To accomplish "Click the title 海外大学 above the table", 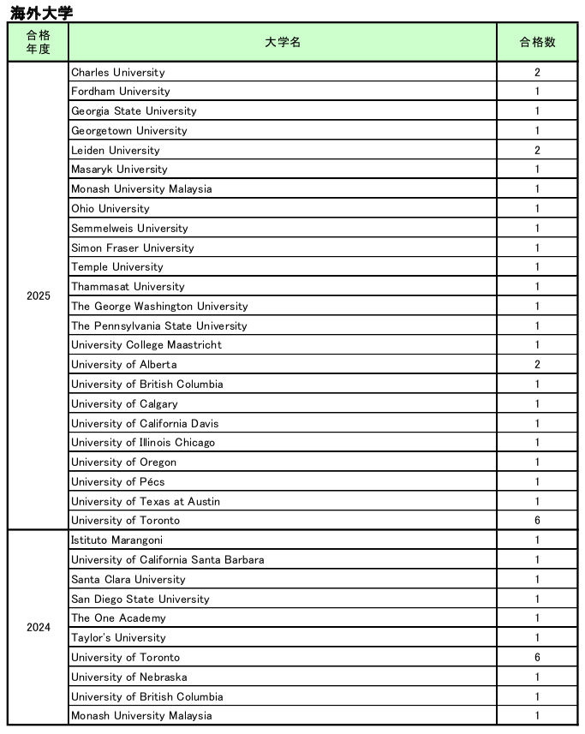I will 41,12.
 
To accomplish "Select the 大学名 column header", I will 283,42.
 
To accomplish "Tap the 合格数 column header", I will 537,42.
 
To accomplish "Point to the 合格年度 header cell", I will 39,42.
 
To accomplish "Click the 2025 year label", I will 39,296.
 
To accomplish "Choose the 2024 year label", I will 39,628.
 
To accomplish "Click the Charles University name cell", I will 118,73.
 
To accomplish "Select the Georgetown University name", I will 129,131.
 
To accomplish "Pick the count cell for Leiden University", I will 537,151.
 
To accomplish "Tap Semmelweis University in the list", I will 129,229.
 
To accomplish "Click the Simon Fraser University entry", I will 133,248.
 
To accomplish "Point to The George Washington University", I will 159,307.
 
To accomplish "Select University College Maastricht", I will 146,345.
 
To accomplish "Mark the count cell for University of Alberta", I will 537,365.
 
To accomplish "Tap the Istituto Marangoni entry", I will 116,540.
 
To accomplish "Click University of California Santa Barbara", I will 168,560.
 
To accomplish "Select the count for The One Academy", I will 537,618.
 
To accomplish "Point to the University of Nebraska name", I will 129,677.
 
